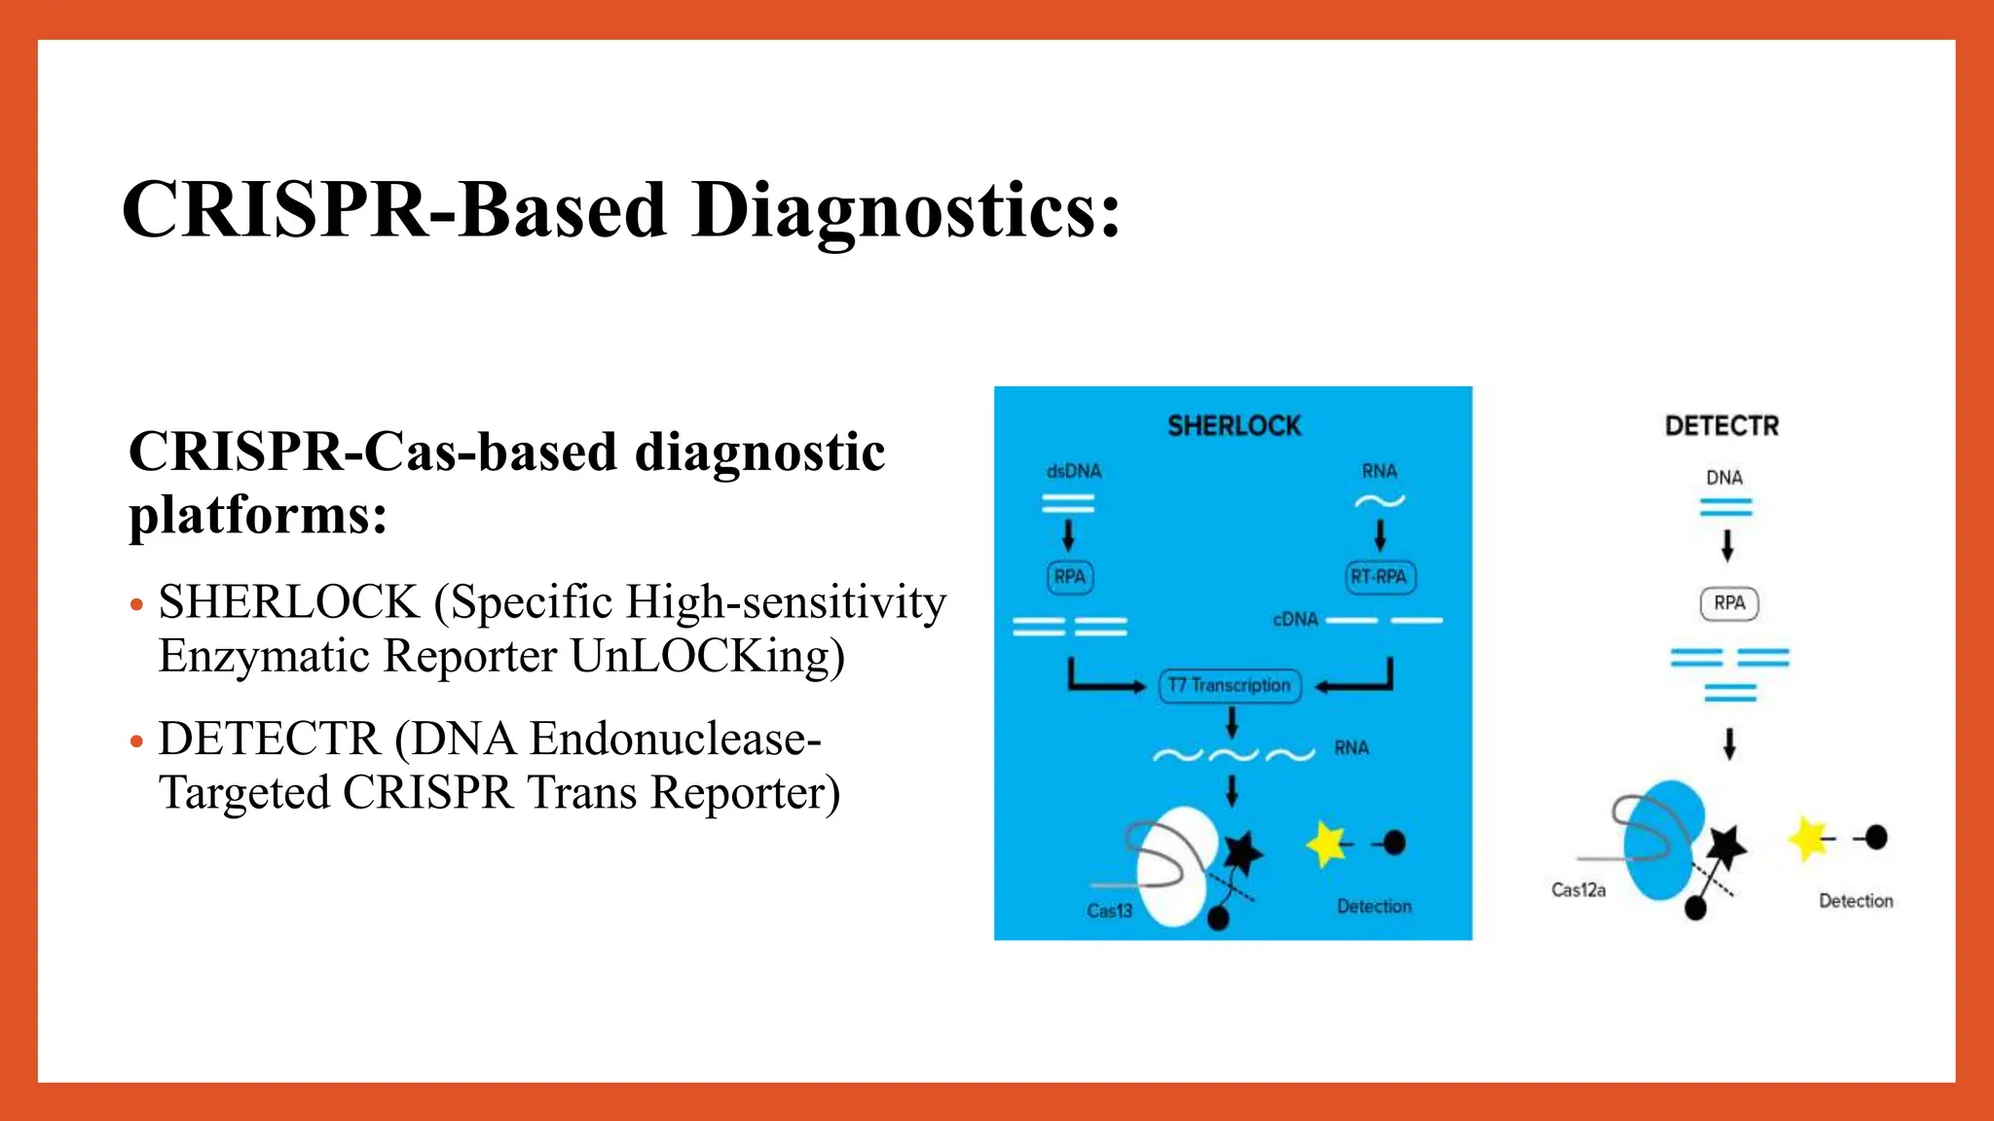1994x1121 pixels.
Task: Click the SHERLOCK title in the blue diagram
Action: (x=1234, y=426)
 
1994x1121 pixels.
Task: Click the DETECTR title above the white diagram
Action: (x=1721, y=426)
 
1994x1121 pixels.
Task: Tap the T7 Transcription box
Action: (x=1230, y=685)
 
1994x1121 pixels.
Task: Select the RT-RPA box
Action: (x=1379, y=577)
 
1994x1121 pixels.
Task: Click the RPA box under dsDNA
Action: (x=1069, y=577)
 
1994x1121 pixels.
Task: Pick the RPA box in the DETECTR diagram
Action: (x=1729, y=603)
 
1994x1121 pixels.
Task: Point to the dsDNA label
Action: (x=1073, y=471)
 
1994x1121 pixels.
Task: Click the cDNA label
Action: (x=1295, y=620)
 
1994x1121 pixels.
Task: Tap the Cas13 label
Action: (x=1109, y=911)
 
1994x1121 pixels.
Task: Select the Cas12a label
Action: (x=1577, y=890)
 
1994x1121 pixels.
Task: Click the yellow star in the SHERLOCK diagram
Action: (x=1325, y=843)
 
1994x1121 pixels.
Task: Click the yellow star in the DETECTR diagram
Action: (x=1808, y=838)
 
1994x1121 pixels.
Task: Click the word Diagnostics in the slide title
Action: (x=905, y=210)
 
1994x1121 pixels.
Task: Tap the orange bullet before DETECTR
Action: (x=137, y=741)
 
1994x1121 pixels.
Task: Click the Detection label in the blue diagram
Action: (x=1374, y=907)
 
